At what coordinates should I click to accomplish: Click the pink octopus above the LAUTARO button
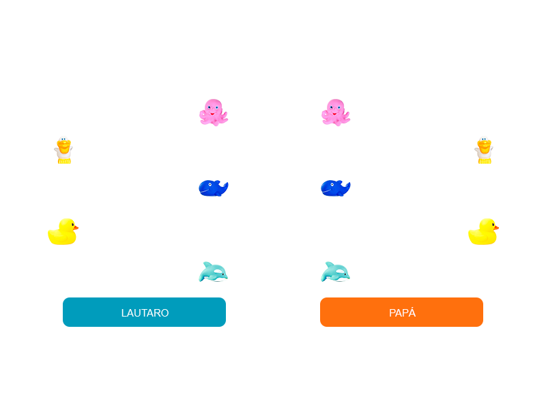214,113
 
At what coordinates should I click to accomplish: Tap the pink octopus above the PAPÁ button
336,113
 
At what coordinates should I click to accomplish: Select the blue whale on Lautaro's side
213,188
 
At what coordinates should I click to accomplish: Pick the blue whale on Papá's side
335,188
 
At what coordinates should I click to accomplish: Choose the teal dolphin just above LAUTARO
213,272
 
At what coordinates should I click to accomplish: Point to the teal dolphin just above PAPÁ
335,272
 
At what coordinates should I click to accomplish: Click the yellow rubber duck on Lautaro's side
63,232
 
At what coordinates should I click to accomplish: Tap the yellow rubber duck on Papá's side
483,232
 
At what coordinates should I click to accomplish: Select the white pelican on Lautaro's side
63,149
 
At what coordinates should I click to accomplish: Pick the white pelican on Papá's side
484,149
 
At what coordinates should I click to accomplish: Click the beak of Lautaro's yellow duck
75,227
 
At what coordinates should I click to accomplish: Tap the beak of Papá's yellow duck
495,227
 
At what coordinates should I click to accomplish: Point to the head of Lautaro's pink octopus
214,107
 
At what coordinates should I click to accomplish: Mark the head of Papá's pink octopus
336,107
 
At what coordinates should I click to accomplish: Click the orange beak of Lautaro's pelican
63,145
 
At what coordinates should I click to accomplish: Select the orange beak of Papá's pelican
484,145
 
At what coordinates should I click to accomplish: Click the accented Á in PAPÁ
412,312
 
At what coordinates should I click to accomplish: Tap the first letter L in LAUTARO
124,313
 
